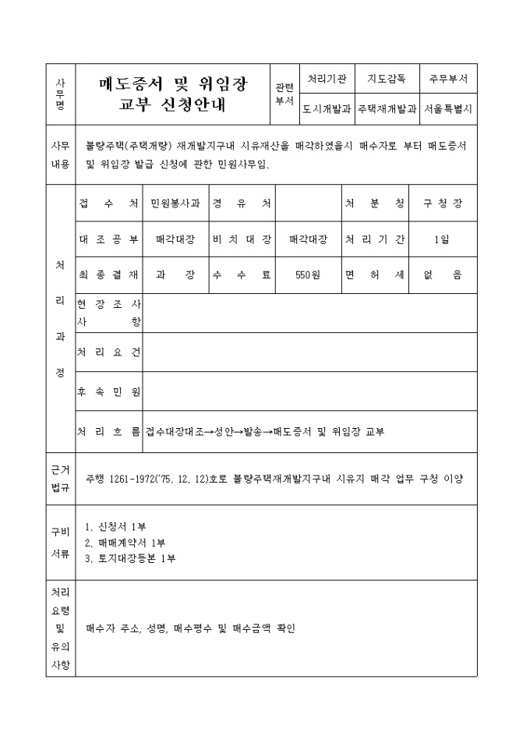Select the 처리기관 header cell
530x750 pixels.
tap(327, 80)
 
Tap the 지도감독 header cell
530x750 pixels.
tap(387, 80)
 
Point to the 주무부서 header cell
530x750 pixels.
tap(448, 80)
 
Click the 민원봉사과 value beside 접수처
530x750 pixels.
tap(175, 203)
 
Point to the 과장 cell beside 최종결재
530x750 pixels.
tap(175, 274)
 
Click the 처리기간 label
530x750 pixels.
tap(375, 239)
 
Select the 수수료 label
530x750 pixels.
tap(242, 274)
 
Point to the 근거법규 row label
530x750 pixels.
tap(60, 478)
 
